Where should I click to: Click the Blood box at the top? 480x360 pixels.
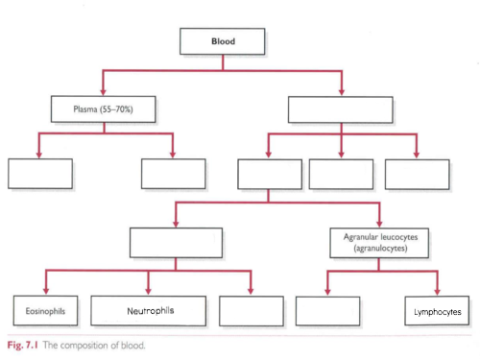click(x=223, y=42)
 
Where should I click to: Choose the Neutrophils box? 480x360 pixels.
click(x=150, y=311)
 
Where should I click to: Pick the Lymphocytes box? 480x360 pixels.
click(x=437, y=311)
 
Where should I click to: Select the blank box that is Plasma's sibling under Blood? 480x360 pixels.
click(x=341, y=108)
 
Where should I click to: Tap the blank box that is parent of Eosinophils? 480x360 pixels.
click(x=175, y=242)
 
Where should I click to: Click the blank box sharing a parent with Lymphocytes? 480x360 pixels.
click(x=327, y=311)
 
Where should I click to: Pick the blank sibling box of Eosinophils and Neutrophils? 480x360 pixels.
click(x=251, y=311)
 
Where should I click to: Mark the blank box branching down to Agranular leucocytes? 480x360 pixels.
click(x=269, y=173)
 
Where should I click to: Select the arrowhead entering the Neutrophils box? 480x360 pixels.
click(x=150, y=292)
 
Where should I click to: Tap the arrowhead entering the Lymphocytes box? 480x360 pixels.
click(x=437, y=292)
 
